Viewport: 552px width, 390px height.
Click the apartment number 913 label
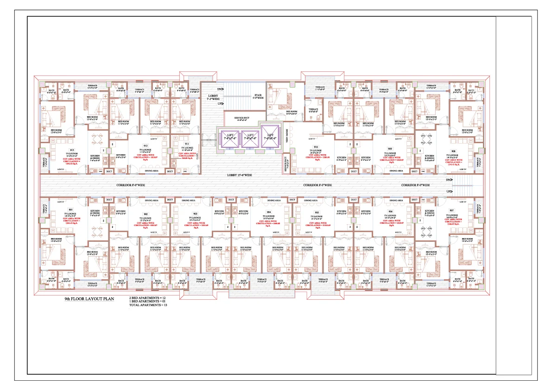(x=72, y=151)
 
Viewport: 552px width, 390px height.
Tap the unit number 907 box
(x=451, y=210)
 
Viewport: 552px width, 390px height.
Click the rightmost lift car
(x=271, y=138)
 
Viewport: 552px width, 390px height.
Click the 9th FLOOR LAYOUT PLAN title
(x=89, y=299)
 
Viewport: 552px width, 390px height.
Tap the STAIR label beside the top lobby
(x=258, y=96)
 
